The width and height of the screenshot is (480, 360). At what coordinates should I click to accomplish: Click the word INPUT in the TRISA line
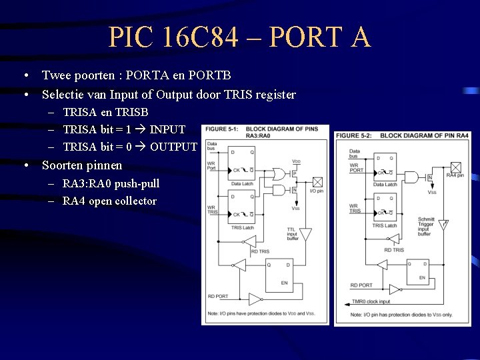tap(167, 129)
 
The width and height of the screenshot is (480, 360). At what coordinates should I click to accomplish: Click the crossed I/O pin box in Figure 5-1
tap(317, 181)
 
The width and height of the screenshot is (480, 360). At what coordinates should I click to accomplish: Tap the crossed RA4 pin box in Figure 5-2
tap(456, 167)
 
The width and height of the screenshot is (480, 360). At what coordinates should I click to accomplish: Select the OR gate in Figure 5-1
tap(279, 174)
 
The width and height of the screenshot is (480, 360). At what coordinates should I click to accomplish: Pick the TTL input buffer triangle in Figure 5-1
tap(305, 235)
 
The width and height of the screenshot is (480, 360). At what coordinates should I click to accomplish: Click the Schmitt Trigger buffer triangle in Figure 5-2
tap(443, 225)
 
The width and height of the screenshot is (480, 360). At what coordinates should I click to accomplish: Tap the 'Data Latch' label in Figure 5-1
tap(243, 184)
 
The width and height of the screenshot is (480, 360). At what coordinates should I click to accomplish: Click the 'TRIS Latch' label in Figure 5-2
tap(385, 225)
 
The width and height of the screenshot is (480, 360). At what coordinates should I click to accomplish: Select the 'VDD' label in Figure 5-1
tap(296, 161)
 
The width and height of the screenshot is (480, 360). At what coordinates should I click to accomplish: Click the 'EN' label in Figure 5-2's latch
tap(422, 277)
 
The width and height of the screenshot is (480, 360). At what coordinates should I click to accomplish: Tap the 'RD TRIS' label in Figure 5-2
tap(393, 250)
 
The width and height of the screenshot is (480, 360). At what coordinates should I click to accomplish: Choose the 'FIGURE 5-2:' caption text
tap(356, 136)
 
